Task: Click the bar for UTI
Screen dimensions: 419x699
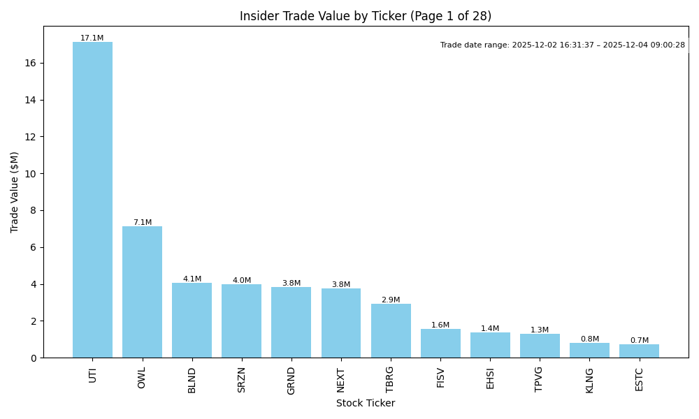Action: [x=92, y=200]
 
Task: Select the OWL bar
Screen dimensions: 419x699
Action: [x=142, y=292]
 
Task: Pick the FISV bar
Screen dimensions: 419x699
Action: [x=440, y=344]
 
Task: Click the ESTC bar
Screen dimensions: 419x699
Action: [x=639, y=351]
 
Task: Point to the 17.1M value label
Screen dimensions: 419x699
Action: [x=92, y=38]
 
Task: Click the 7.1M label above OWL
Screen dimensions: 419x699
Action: [x=142, y=223]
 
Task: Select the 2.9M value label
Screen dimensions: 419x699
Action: [x=391, y=300]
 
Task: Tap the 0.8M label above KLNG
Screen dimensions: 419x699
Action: [x=589, y=339]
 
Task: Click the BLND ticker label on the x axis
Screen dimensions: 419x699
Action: [x=192, y=380]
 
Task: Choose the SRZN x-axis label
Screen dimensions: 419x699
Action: [x=242, y=380]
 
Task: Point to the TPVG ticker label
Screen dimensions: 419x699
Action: [x=540, y=379]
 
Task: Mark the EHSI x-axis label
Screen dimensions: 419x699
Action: [x=490, y=378]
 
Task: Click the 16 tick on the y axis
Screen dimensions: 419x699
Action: [x=31, y=63]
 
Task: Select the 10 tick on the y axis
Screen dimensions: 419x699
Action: [x=31, y=173]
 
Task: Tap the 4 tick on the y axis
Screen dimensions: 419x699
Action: [x=34, y=284]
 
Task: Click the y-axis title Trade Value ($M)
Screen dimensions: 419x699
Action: [x=15, y=192]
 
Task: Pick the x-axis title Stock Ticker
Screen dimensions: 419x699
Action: [x=366, y=404]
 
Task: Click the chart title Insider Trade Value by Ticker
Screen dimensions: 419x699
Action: [x=366, y=16]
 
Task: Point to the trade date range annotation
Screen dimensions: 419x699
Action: [x=562, y=45]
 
